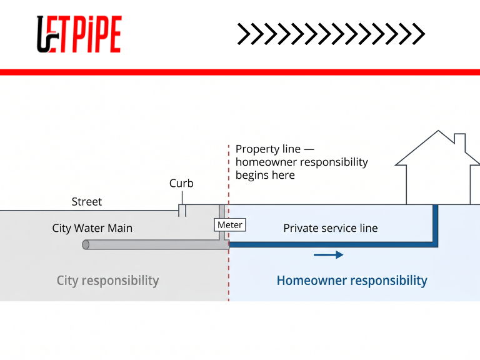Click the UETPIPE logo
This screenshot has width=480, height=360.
click(x=79, y=34)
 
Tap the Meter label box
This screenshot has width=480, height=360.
click(x=229, y=225)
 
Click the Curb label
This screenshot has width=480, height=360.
click(x=181, y=184)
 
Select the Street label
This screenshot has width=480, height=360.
click(x=86, y=202)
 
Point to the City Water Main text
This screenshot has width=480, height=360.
click(x=92, y=228)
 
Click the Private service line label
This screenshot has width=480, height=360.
click(x=330, y=228)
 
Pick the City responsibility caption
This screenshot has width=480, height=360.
click(x=107, y=281)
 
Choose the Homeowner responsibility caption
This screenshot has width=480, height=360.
click(x=352, y=281)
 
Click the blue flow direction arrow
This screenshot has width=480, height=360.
click(x=328, y=254)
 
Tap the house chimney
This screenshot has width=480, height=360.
click(x=459, y=142)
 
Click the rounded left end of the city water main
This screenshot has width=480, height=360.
click(x=86, y=244)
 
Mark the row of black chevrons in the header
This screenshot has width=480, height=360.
click(x=331, y=34)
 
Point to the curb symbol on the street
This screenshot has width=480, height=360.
click(x=182, y=210)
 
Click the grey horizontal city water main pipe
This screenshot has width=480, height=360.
click(x=156, y=244)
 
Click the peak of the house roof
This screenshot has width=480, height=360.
click(x=438, y=131)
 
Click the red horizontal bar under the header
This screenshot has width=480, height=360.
click(x=240, y=72)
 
